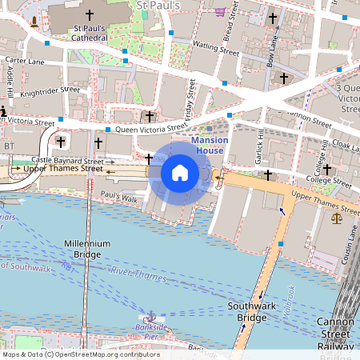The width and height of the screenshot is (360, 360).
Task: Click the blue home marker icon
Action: click(180, 173)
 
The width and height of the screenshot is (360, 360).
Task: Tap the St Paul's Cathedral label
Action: click(89, 33)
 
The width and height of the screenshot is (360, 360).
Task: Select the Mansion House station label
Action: click(210, 145)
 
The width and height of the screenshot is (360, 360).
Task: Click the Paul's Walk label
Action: click(121, 195)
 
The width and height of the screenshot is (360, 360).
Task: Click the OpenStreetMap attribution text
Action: click(80, 354)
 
